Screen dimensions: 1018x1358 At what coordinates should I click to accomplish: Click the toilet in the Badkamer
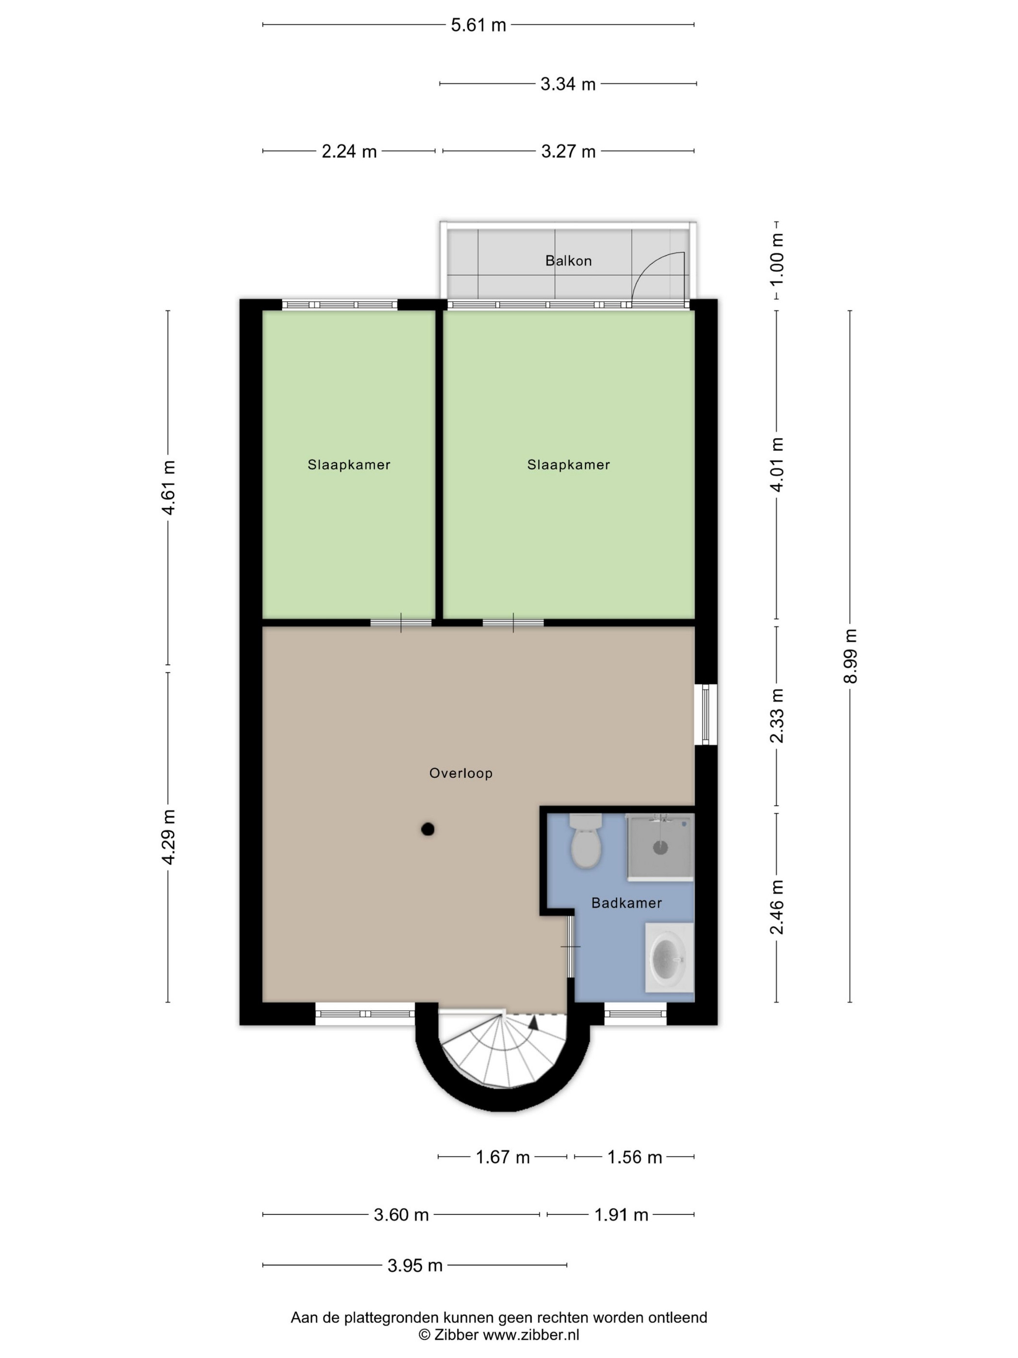(x=586, y=841)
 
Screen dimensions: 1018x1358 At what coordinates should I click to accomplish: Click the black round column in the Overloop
(x=428, y=829)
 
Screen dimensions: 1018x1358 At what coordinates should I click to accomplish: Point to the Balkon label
(x=568, y=261)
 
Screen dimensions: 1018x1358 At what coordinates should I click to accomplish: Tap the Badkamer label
(x=626, y=903)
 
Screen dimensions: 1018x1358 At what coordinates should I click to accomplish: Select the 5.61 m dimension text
(x=478, y=25)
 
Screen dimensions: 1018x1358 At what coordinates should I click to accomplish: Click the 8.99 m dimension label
(x=850, y=656)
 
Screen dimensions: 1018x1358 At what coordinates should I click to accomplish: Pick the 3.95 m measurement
(x=415, y=1265)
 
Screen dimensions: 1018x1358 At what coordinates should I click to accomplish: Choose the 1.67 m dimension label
(x=503, y=1157)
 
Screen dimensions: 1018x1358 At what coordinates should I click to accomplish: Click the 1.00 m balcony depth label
(x=777, y=259)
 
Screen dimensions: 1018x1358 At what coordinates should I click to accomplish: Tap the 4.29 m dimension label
(x=169, y=837)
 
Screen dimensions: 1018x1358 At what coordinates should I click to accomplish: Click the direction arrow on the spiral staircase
(x=533, y=1021)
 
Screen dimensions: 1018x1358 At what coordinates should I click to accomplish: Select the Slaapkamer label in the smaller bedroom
(x=349, y=465)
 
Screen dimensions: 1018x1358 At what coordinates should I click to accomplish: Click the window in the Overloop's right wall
(x=706, y=714)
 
